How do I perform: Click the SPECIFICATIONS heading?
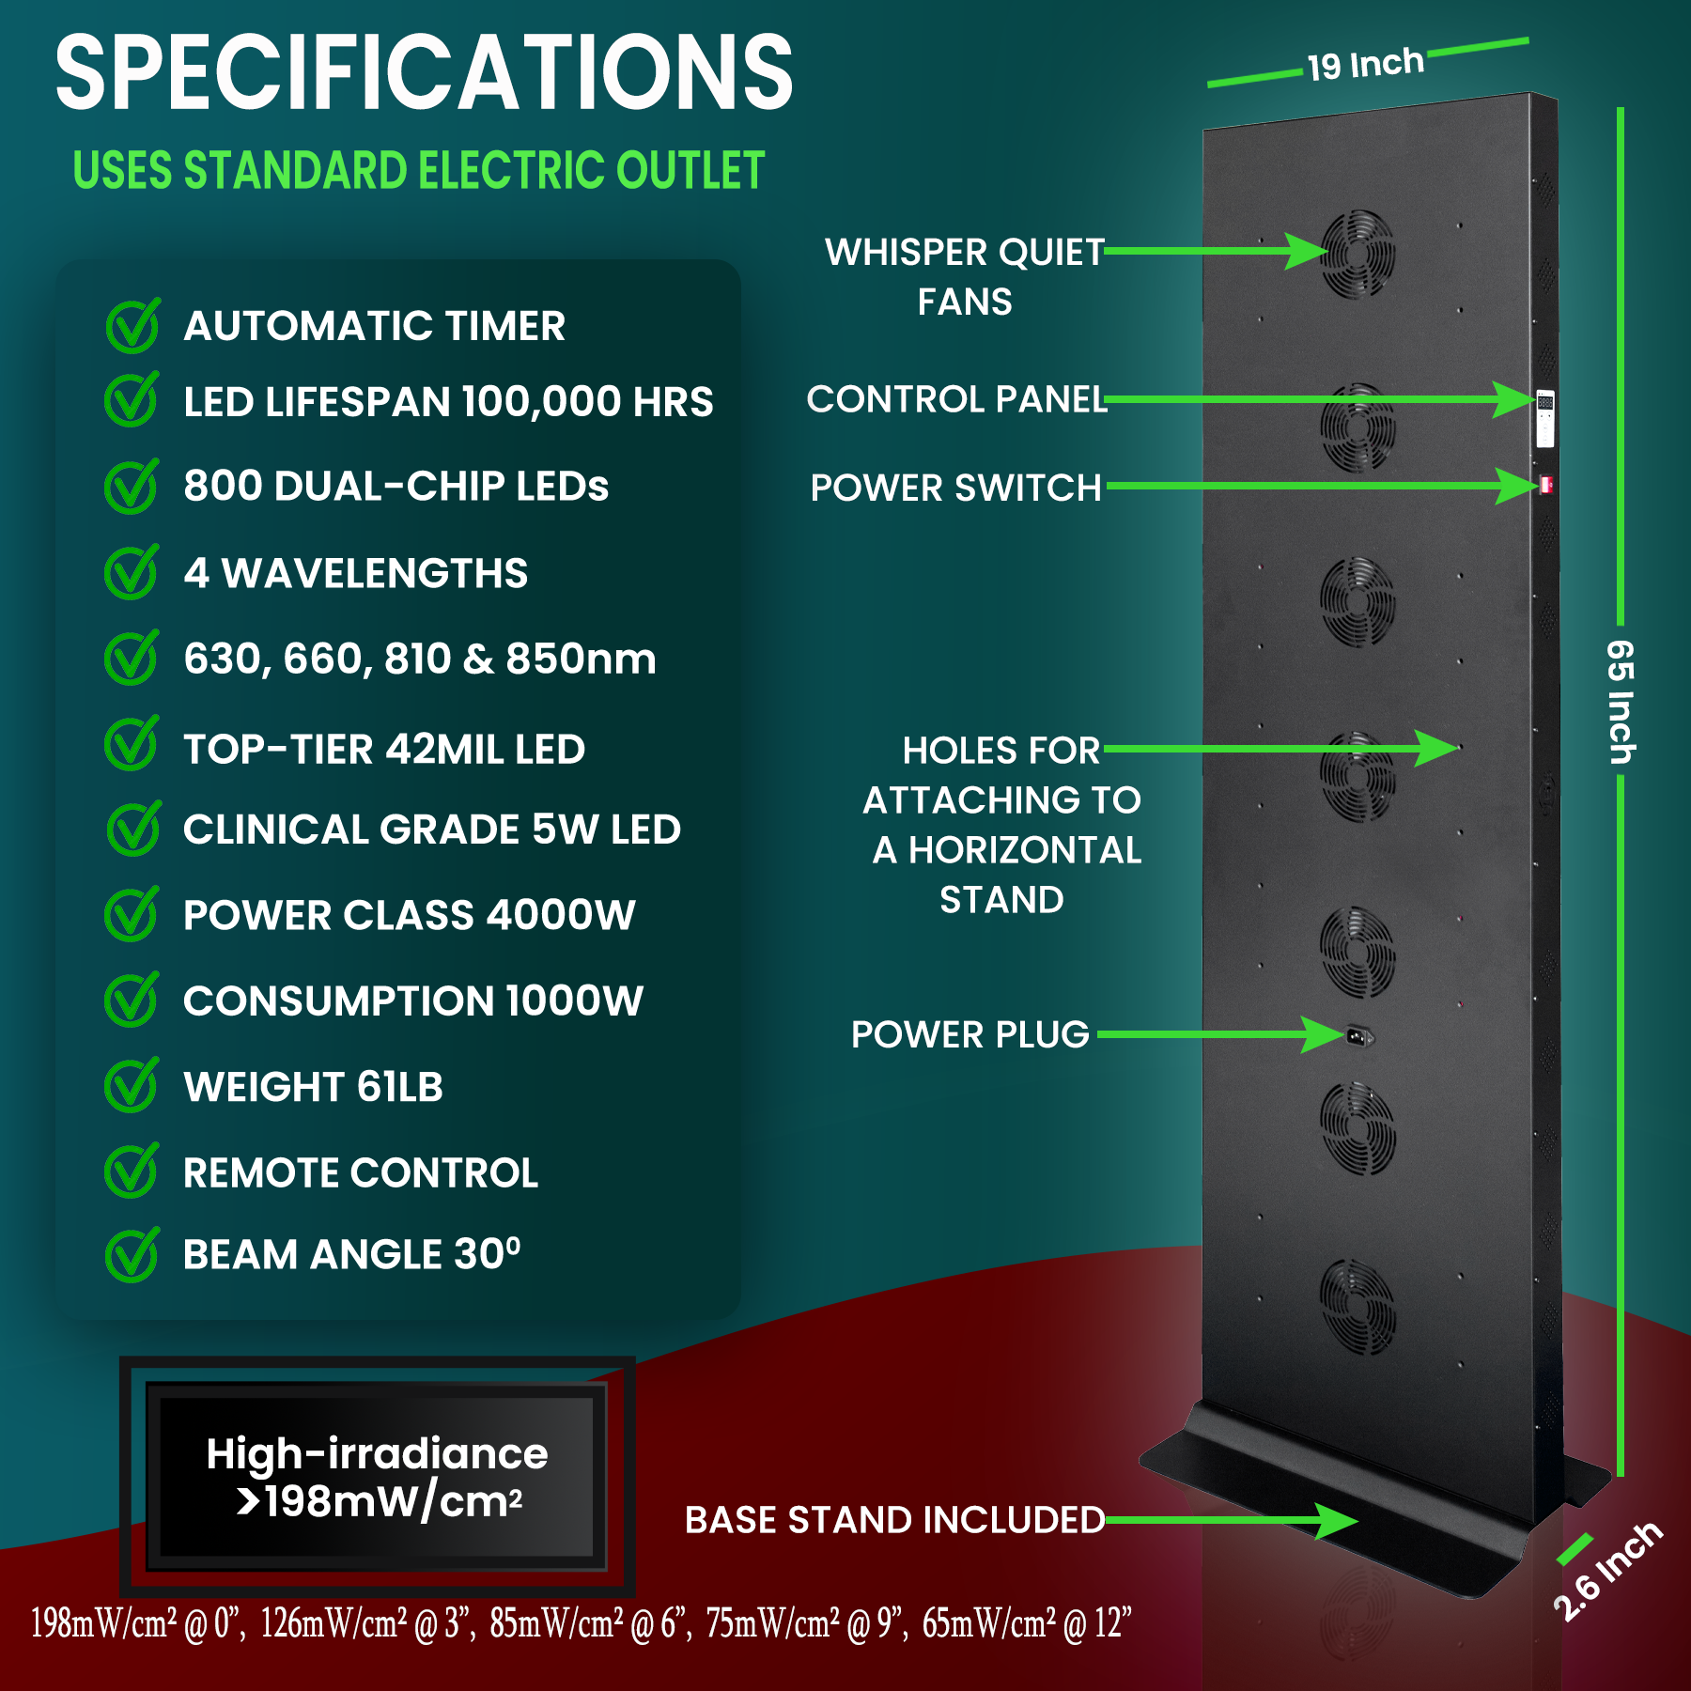[x=424, y=73]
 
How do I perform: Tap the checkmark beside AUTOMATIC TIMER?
[x=132, y=326]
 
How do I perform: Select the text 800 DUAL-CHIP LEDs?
[x=396, y=487]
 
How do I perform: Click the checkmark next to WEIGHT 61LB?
[x=132, y=1086]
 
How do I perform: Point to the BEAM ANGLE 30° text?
[x=351, y=1254]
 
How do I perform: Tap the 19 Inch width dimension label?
[x=1365, y=65]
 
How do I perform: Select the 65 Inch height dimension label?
[x=1621, y=701]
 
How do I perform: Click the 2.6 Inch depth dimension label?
[x=1608, y=1571]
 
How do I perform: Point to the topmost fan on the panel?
[x=1357, y=254]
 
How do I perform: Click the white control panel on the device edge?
[x=1544, y=418]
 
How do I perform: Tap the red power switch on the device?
[x=1545, y=485]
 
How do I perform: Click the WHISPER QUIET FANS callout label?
[x=964, y=276]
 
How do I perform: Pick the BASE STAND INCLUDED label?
[x=894, y=1520]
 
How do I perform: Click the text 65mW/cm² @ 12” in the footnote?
[x=1026, y=1623]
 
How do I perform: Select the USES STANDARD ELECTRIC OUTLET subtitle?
[x=419, y=171]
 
